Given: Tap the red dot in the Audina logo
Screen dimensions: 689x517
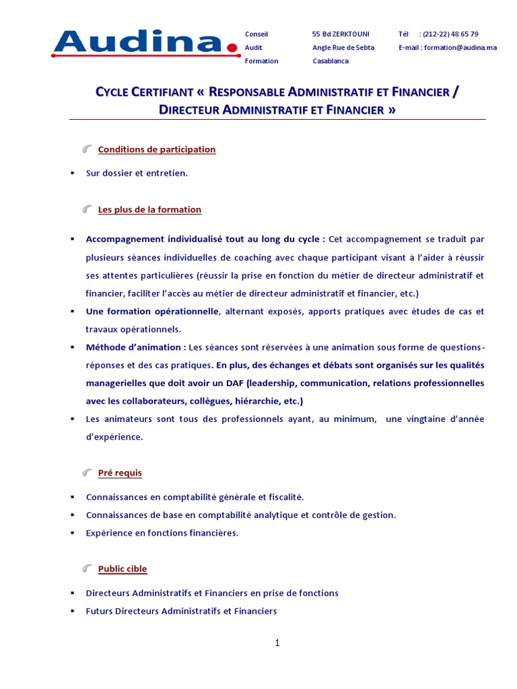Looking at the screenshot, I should pyautogui.click(x=233, y=47).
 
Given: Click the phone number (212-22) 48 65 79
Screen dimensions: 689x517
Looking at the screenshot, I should pyautogui.click(x=450, y=34).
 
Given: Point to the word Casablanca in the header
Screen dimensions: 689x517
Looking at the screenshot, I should pyautogui.click(x=331, y=61).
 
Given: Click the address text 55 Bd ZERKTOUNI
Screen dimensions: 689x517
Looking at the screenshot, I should pyautogui.click(x=341, y=34).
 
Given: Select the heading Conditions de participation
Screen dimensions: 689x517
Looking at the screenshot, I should pyautogui.click(x=157, y=149).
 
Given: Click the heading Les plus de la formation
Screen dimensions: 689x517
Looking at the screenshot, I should pyautogui.click(x=149, y=209).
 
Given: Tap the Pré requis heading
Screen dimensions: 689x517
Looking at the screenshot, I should pyautogui.click(x=120, y=472).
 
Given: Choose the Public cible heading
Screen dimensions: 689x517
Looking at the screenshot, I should pyautogui.click(x=123, y=569).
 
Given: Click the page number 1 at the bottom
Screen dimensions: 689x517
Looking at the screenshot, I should pyautogui.click(x=277, y=643).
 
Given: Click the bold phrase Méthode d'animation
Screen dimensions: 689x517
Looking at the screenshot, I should pyautogui.click(x=135, y=347).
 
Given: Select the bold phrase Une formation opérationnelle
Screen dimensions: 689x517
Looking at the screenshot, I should pyautogui.click(x=152, y=312).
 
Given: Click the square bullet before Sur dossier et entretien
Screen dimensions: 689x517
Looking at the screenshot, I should pyautogui.click(x=72, y=173).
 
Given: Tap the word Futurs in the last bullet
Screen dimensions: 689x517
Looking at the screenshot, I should pyautogui.click(x=100, y=611).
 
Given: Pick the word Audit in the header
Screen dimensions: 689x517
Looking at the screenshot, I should pyautogui.click(x=254, y=47).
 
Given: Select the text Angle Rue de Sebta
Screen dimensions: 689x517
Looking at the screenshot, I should pyautogui.click(x=343, y=47).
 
